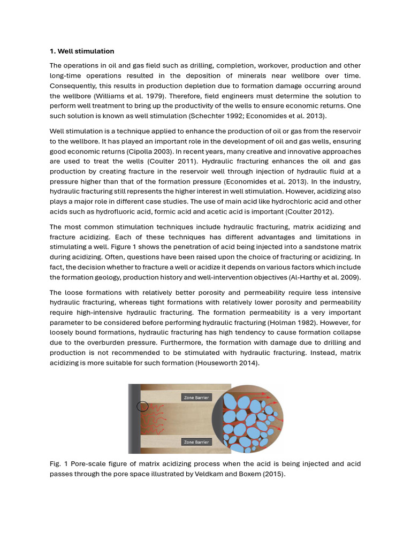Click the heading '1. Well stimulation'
coord(82,51)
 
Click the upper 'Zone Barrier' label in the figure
coord(196,398)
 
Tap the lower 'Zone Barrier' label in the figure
coord(196,442)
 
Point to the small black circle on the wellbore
coord(142,406)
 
